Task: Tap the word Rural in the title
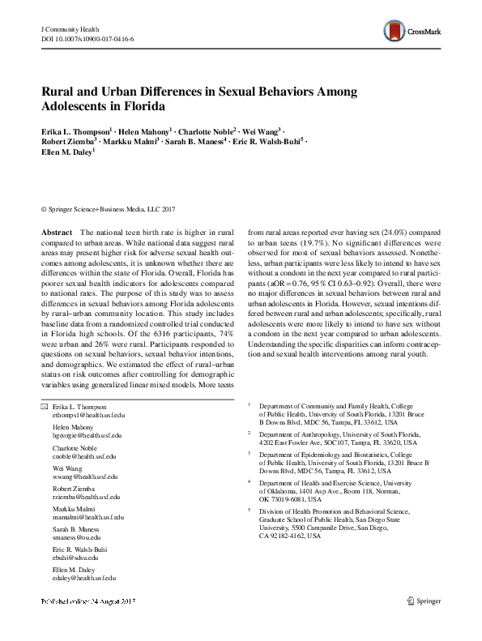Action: pyautogui.click(x=58, y=92)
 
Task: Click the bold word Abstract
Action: pyautogui.click(x=57, y=232)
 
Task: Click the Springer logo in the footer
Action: pyautogui.click(x=425, y=623)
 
